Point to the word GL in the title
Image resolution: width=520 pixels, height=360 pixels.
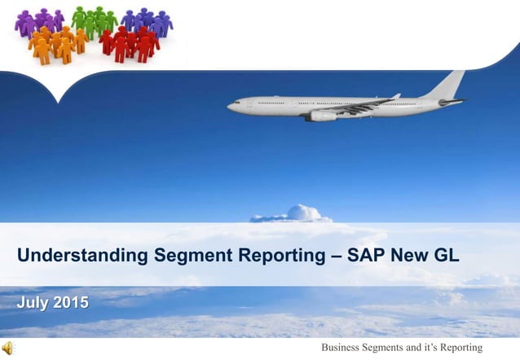444,257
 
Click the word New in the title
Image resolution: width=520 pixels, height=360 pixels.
408,257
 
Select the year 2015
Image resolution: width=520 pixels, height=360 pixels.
72,304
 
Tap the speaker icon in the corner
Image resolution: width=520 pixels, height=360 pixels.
8,349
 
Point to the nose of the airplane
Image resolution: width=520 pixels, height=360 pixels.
231,105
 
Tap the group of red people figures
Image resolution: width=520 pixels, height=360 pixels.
130,44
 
